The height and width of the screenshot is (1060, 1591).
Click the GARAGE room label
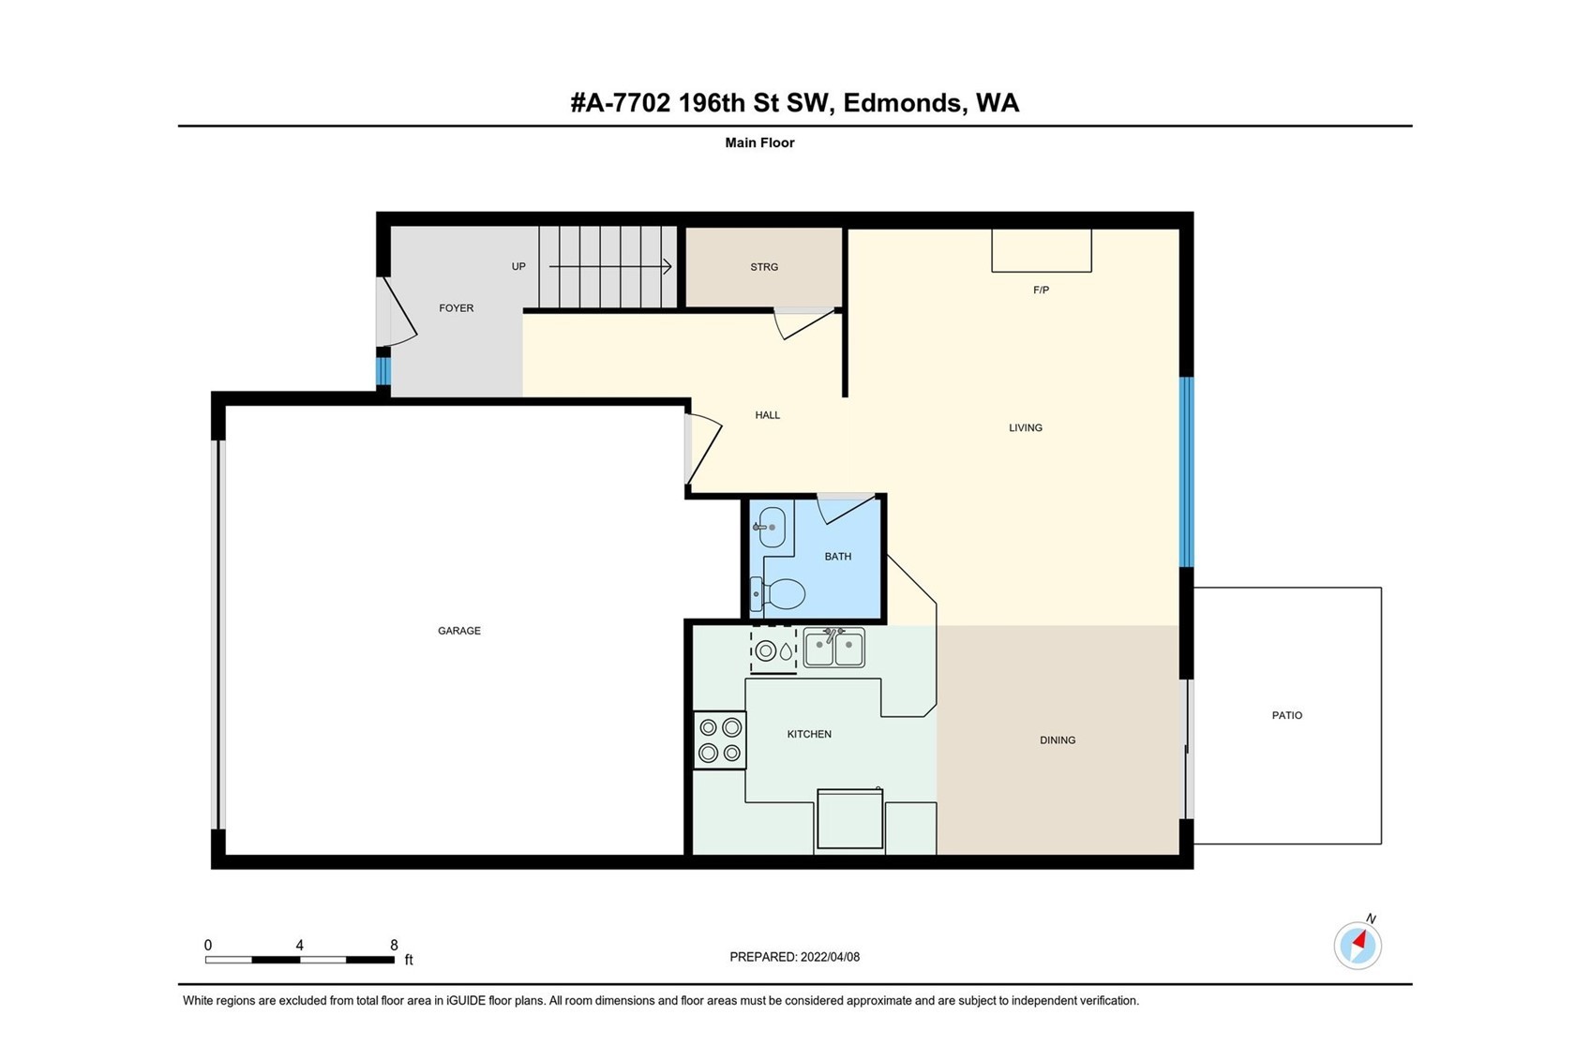[x=458, y=631]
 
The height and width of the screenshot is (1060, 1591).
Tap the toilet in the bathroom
[x=778, y=593]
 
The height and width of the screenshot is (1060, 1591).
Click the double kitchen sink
[x=833, y=648]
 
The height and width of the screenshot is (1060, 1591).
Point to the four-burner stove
[x=719, y=739]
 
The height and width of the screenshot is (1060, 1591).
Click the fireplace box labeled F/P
[x=1042, y=250]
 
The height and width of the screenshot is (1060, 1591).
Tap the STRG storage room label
[x=764, y=267]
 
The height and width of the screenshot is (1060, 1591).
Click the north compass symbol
[x=1358, y=945]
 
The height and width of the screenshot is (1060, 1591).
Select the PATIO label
[x=1287, y=715]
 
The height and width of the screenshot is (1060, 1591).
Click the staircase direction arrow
[x=610, y=267]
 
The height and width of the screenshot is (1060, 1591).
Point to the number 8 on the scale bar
[x=394, y=945]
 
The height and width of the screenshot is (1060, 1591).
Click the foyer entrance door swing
[x=397, y=312]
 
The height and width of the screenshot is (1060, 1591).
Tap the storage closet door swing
[x=804, y=324]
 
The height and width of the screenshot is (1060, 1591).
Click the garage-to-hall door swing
[x=703, y=450]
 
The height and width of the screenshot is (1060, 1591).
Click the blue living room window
[x=1186, y=472]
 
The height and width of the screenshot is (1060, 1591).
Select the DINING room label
[x=1058, y=739]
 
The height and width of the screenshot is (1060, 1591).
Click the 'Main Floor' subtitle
[x=759, y=142]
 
